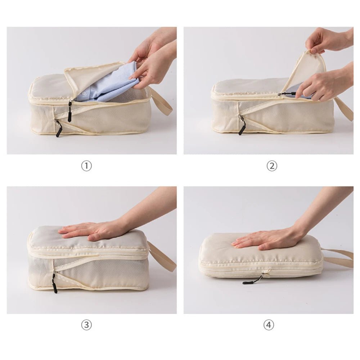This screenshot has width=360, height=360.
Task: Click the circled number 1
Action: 86,166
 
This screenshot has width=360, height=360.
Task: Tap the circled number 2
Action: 272,166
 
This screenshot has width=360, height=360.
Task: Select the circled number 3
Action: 86,325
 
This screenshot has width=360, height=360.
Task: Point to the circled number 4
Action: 269,325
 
